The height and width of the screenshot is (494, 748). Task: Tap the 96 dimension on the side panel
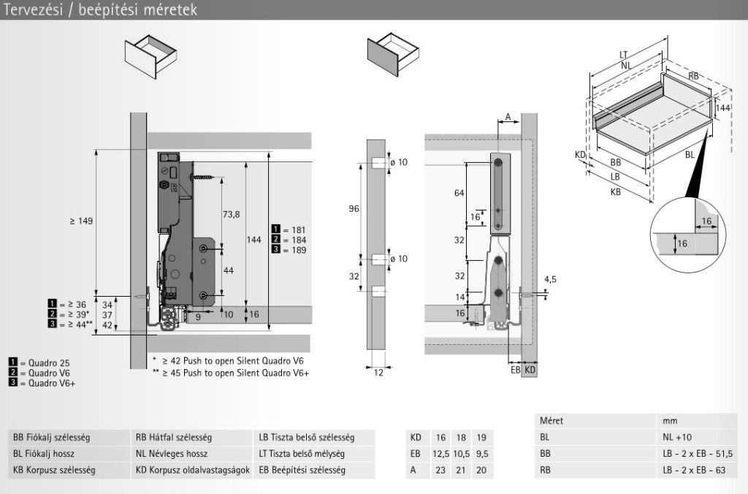click(354, 209)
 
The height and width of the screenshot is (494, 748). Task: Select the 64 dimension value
click(459, 193)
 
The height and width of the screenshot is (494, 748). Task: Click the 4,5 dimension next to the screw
click(551, 278)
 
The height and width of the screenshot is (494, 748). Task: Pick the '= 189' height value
click(293, 250)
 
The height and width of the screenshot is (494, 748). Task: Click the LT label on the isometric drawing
click(623, 54)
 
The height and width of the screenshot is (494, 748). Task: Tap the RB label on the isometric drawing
click(694, 75)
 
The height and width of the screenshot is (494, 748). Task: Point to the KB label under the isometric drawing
click(615, 191)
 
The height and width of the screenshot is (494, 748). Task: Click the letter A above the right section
click(508, 116)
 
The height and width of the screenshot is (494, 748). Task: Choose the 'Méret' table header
click(552, 422)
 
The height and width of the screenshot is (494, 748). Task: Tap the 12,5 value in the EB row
click(439, 454)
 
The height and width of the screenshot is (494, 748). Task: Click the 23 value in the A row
click(439, 470)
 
